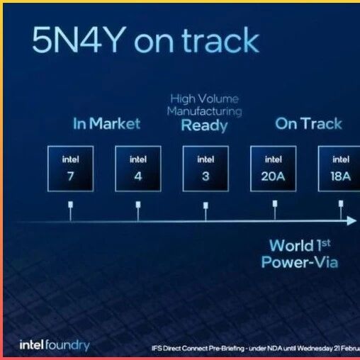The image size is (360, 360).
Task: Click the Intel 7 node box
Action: tap(70, 169)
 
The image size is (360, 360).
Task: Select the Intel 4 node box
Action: tap(138, 169)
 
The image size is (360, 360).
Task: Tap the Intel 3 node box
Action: tap(206, 169)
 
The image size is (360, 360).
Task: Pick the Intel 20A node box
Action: tap(274, 169)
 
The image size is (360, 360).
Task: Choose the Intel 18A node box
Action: tap(339, 169)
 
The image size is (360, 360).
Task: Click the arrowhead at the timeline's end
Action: tap(351, 221)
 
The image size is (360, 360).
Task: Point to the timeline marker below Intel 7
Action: tap(70, 211)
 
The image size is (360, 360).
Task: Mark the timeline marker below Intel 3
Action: tap(206, 211)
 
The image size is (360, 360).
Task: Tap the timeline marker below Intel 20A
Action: tap(275, 210)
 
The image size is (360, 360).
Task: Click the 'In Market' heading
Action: tap(107, 123)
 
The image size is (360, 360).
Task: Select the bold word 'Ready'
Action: tap(204, 125)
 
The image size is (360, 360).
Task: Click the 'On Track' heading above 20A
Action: tap(309, 123)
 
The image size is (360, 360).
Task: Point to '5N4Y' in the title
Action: tap(79, 40)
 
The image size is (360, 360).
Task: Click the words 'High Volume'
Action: tap(205, 99)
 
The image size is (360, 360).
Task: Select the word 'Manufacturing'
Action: tap(205, 111)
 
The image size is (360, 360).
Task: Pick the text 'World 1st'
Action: tap(300, 246)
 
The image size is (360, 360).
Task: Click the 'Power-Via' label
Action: tap(300, 262)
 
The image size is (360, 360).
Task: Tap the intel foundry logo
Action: tap(55, 345)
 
